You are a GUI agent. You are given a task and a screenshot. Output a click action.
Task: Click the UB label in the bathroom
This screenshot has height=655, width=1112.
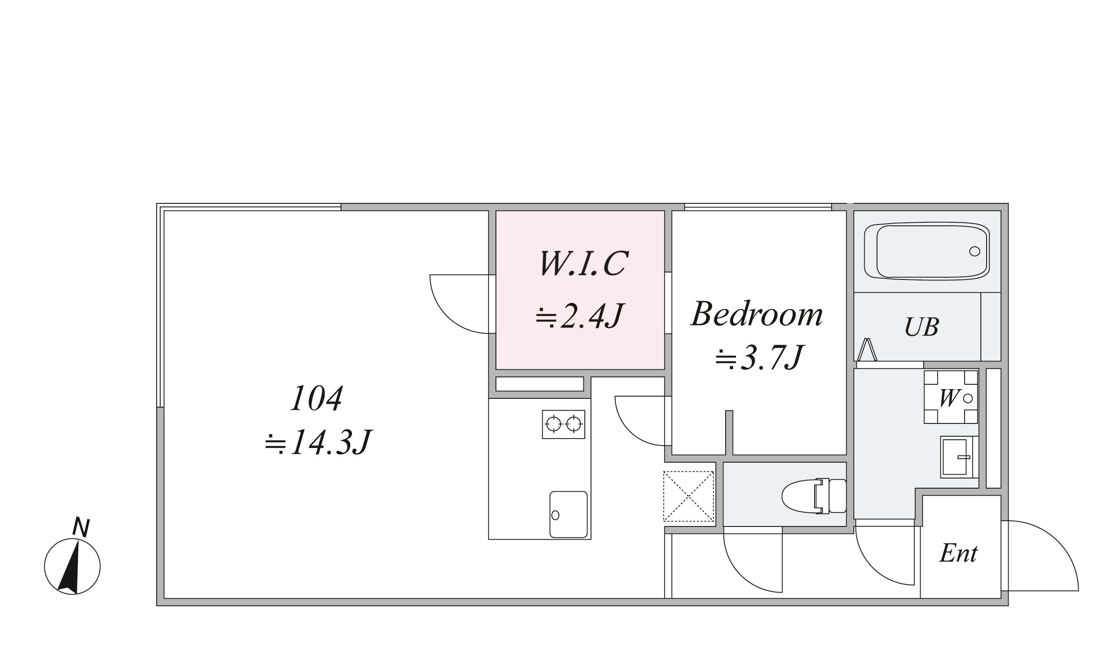(921, 327)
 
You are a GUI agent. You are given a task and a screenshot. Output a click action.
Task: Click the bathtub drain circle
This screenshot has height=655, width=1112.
(975, 252)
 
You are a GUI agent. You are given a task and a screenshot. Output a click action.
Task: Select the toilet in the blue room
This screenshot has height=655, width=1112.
(814, 496)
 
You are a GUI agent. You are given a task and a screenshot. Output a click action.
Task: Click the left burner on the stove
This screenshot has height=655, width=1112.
(553, 424)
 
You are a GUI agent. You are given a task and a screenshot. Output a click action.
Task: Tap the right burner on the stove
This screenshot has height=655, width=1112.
(574, 424)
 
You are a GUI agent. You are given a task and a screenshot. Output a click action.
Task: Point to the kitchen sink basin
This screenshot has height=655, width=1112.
(569, 514)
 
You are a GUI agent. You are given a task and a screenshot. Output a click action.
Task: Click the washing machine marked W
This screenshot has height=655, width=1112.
(951, 397)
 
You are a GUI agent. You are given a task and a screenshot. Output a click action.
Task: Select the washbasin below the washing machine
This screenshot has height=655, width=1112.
(959, 457)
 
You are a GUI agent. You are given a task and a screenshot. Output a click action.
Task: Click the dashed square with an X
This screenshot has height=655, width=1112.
(688, 497)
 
